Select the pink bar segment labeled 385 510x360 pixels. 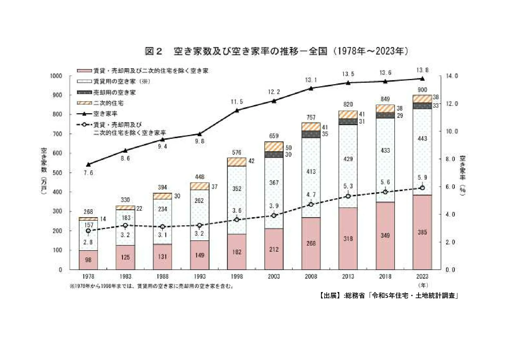pyautogui.click(x=422, y=232)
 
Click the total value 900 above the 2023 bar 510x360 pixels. pyautogui.click(x=422, y=90)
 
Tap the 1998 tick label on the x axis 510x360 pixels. pyautogui.click(x=237, y=276)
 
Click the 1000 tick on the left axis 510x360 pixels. pyautogui.click(x=56, y=76)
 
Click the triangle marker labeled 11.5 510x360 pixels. pyautogui.click(x=237, y=110)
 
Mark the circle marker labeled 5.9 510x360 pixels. pyautogui.click(x=422, y=188)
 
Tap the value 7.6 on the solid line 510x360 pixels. pyautogui.click(x=88, y=173)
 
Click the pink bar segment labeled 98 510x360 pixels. pyautogui.click(x=88, y=260)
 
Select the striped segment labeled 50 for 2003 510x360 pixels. pyautogui.click(x=274, y=147)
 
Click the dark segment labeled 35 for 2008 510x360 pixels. pyautogui.click(x=311, y=134)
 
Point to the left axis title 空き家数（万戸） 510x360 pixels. pyautogui.click(x=44, y=171)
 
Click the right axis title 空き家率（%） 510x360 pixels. pyautogui.click(x=462, y=176)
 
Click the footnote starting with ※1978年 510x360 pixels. pyautogui.click(x=152, y=286)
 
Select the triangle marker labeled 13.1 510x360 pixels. pyautogui.click(x=311, y=88)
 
